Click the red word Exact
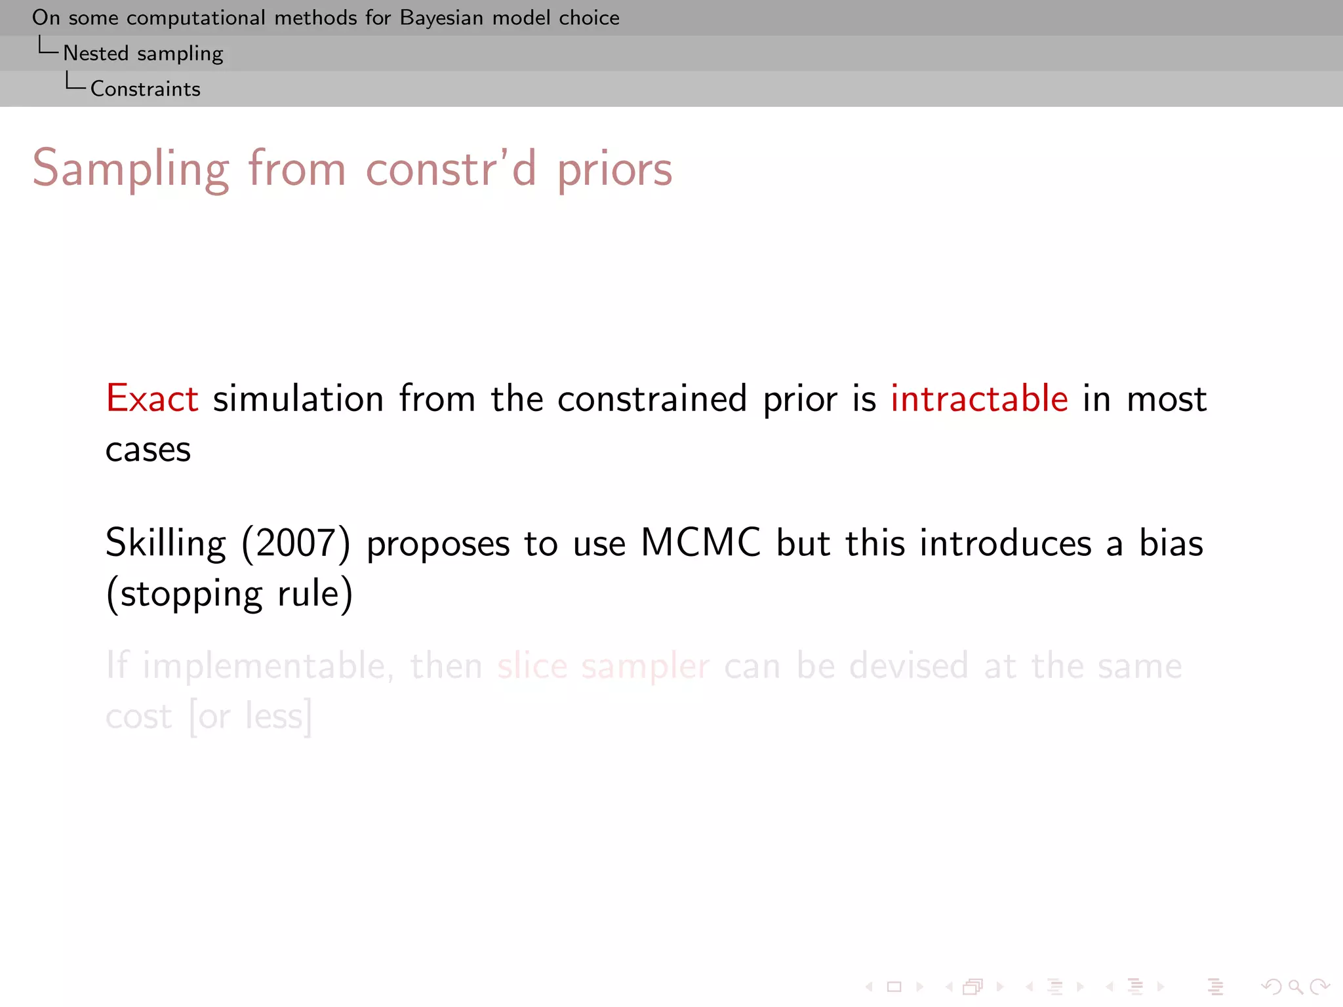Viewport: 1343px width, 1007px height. point(152,399)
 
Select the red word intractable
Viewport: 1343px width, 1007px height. point(979,399)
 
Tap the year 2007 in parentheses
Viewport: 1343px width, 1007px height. point(296,543)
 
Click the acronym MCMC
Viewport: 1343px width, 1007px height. point(700,543)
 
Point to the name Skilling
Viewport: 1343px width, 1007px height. point(165,543)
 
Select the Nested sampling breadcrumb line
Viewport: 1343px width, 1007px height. point(143,53)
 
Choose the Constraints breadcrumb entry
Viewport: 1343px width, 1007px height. point(146,89)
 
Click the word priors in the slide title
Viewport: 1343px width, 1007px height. point(614,170)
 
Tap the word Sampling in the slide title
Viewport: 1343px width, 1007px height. point(131,170)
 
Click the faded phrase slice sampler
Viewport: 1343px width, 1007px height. point(603,666)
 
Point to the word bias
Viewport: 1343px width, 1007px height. point(1171,543)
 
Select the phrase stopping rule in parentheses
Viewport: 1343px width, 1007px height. point(230,594)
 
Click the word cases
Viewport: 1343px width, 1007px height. point(148,450)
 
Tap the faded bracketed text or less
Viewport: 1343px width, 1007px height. point(250,716)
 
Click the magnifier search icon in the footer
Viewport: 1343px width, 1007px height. point(1294,987)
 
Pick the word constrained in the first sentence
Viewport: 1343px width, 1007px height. point(652,399)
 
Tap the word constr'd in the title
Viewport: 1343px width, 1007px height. point(451,170)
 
